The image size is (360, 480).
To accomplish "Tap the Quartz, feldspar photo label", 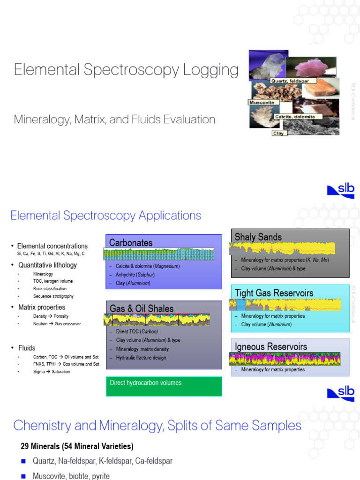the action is pyautogui.click(x=291, y=81).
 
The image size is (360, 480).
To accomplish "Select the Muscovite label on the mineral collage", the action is pyautogui.click(x=261, y=102).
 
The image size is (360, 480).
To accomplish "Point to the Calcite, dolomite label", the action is pyautogui.click(x=298, y=116).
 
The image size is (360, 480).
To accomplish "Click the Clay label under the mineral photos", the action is pyautogui.click(x=279, y=133).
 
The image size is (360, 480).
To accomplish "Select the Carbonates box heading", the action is pyautogui.click(x=131, y=243).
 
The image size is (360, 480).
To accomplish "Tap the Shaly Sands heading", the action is pyautogui.click(x=258, y=237).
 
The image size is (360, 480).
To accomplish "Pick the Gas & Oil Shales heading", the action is pyautogui.click(x=142, y=308).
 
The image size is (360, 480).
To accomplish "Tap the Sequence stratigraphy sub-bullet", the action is pyautogui.click(x=53, y=296).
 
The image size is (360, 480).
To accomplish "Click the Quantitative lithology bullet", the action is pyautogui.click(x=47, y=265).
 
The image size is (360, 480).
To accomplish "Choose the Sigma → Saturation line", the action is pyautogui.click(x=51, y=372).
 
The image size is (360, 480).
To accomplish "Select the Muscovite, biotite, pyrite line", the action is pyautogui.click(x=71, y=476).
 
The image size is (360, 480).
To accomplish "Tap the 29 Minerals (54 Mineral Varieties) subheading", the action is pyautogui.click(x=77, y=446).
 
